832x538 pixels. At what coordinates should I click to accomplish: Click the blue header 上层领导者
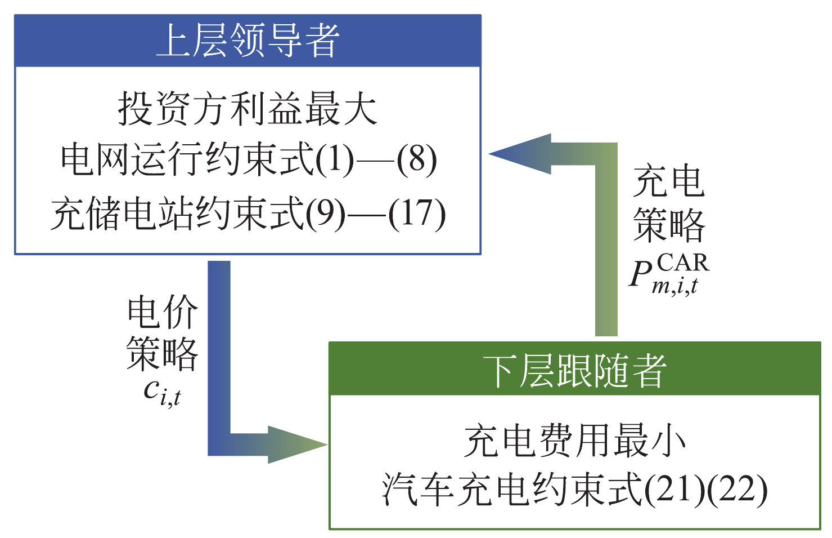248,41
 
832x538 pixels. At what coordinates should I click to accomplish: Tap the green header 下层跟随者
574,370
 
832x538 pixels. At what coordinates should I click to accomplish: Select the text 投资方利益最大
248,109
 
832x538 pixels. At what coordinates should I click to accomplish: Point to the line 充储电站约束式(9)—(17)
248,214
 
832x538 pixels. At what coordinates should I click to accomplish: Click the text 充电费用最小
574,441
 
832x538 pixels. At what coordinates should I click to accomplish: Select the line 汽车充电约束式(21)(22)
574,489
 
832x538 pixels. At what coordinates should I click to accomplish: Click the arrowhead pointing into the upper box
518,154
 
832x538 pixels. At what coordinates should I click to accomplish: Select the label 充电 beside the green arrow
669,182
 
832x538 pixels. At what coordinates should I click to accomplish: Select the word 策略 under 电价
163,354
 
